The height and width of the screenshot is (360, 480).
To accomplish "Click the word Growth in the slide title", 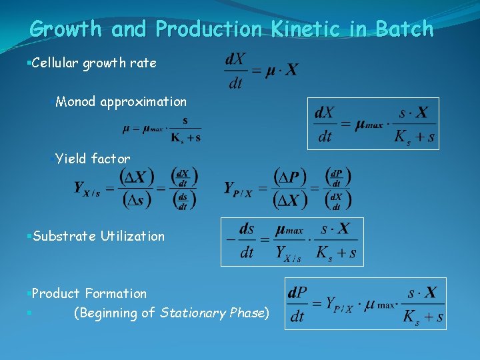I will click(66, 29).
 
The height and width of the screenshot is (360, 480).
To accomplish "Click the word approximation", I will click(143, 102).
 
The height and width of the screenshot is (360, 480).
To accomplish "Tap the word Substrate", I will click(64, 236).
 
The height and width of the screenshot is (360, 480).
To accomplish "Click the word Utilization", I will click(133, 236).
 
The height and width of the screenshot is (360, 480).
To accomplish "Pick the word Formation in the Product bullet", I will click(115, 293).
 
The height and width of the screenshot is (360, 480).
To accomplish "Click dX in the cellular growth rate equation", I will click(235, 59).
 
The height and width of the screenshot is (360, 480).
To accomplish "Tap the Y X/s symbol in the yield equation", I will click(87, 189).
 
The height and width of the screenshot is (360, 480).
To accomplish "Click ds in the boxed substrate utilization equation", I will click(247, 229).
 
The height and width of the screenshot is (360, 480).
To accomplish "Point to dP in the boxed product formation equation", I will click(297, 293).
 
